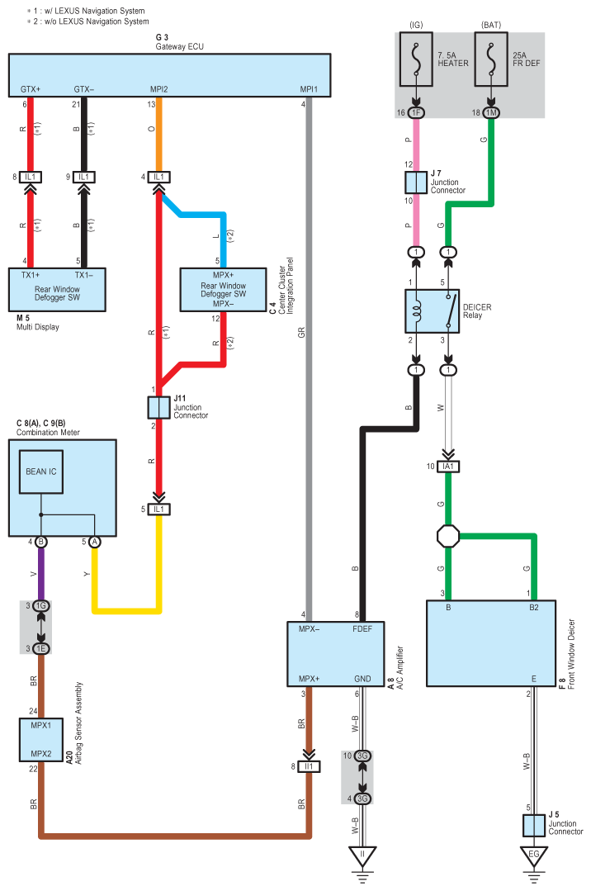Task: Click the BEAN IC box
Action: [41, 472]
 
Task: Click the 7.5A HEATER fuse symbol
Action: [416, 59]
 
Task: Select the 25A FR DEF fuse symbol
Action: [491, 59]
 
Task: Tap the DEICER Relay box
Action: [432, 310]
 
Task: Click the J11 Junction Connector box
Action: [159, 407]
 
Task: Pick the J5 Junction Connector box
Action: [533, 825]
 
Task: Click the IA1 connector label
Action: [448, 467]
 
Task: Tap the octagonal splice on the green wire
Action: [448, 537]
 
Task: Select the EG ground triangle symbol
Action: [533, 856]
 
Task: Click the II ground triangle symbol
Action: [362, 856]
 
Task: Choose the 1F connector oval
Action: [416, 112]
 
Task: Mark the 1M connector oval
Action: [491, 112]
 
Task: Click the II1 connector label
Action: [310, 766]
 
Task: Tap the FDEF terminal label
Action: [362, 629]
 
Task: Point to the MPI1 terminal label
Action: [309, 89]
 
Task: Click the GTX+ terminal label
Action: [31, 89]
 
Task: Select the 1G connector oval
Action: [41, 606]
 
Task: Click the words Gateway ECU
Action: [180, 46]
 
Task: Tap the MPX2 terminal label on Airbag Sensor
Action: [41, 753]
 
